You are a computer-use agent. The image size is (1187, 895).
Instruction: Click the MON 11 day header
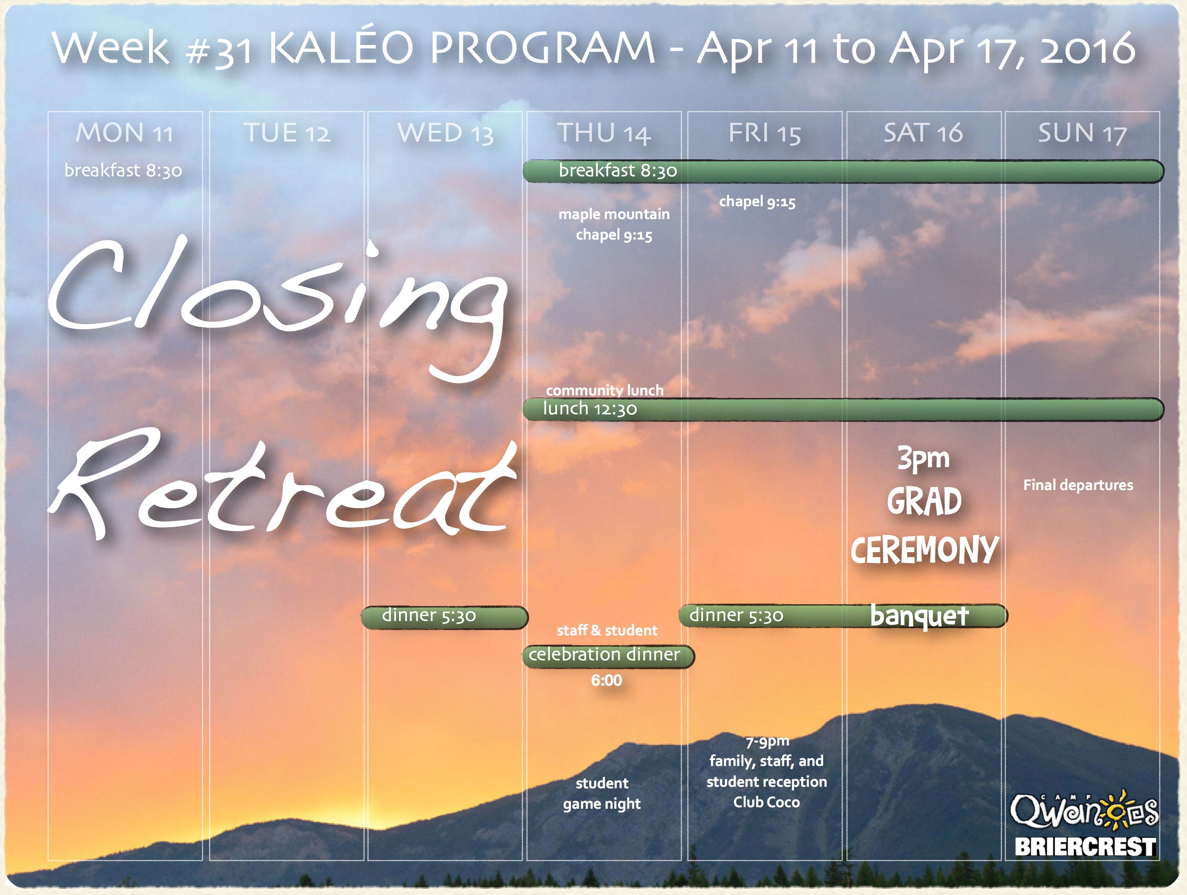tap(124, 132)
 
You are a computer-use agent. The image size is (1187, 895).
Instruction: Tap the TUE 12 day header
tap(287, 132)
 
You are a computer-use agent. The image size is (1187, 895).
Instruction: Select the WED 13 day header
tap(445, 132)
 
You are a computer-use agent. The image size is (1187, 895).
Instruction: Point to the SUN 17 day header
tap(1082, 132)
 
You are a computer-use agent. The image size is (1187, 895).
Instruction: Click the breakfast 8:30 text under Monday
tap(123, 170)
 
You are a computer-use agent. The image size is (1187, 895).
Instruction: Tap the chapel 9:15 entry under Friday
tap(757, 202)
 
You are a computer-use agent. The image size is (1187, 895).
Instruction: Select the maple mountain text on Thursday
tap(614, 214)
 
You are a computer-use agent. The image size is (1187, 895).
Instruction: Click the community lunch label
tap(605, 390)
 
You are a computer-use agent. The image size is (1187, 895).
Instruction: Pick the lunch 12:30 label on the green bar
tap(590, 409)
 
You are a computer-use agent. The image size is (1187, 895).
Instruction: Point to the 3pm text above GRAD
tap(923, 459)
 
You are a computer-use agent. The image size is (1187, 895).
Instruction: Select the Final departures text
tap(1078, 486)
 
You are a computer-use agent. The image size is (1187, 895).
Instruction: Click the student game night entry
tap(602, 794)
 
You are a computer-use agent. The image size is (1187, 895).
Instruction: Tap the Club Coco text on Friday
tap(766, 802)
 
